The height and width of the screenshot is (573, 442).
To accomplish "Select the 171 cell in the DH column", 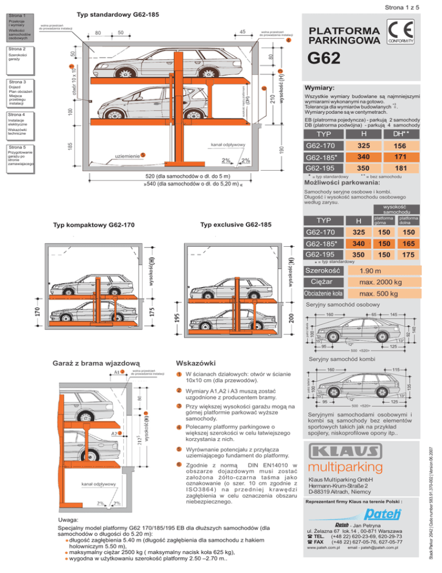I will click(399, 157).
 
